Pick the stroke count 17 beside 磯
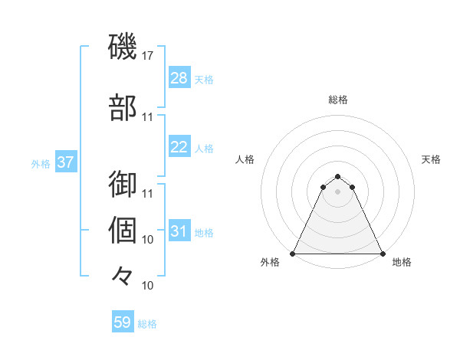point(148,56)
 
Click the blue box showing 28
point(179,78)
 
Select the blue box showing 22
point(179,147)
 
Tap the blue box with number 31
point(179,231)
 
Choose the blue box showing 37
point(65,162)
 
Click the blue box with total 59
point(123,322)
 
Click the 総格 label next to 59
point(147,324)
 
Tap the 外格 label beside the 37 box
point(41,163)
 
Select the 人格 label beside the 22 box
point(204,148)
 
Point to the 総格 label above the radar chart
point(337,100)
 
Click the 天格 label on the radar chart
point(431,159)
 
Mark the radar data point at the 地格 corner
point(382,253)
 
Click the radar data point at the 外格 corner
point(293,253)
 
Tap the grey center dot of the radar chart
point(337,191)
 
